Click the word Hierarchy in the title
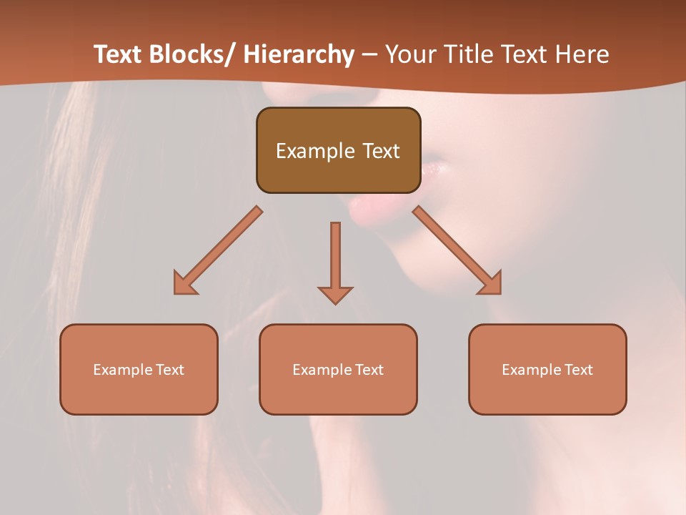tap(299, 54)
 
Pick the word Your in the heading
tap(412, 54)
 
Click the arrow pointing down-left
tap(217, 251)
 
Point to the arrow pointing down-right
tap(457, 250)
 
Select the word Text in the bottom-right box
tap(579, 370)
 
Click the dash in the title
tap(369, 54)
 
